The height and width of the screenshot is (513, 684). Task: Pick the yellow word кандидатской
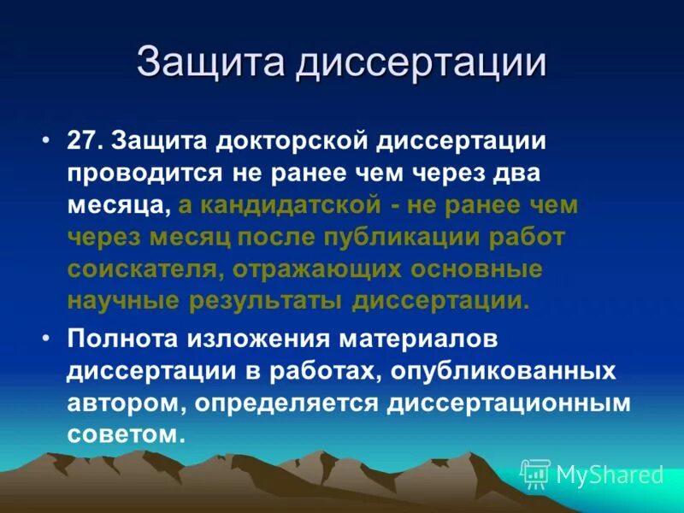click(289, 205)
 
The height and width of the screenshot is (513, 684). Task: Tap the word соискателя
click(139, 268)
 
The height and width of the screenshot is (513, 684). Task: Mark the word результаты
click(259, 301)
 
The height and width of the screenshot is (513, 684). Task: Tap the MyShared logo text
click(609, 474)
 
